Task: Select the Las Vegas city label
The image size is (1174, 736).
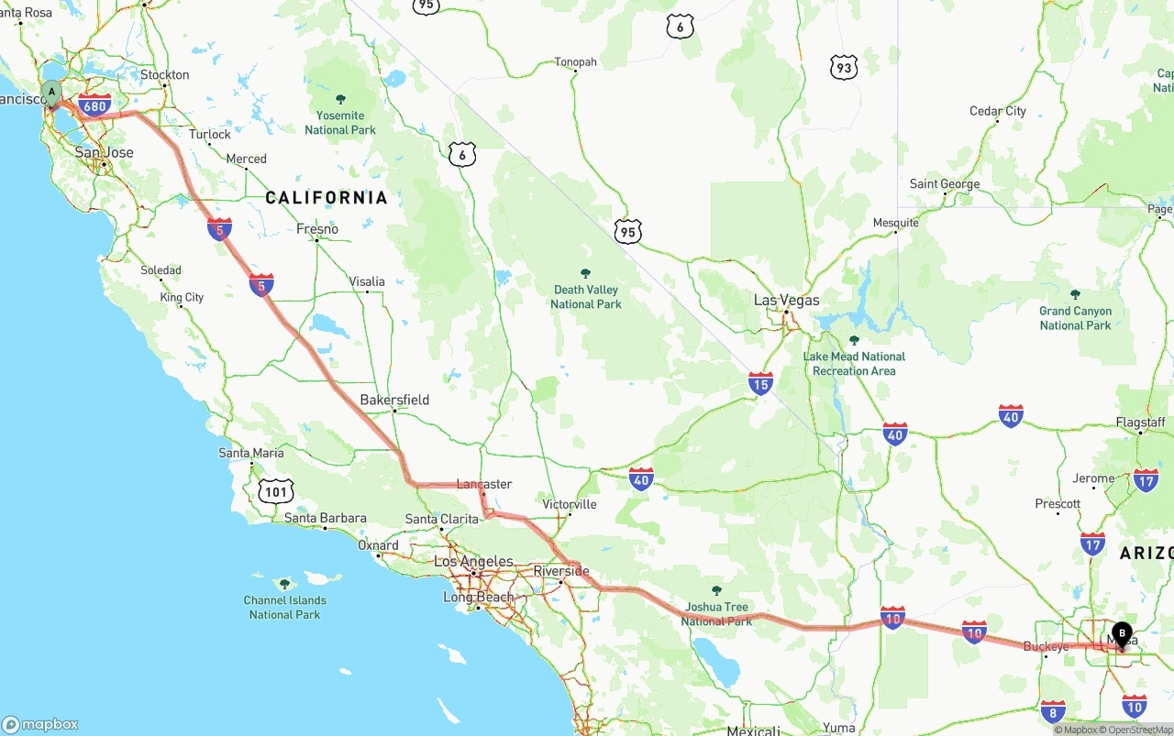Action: (x=786, y=300)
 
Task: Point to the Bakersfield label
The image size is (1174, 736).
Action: (x=394, y=400)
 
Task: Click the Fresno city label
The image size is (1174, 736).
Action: (x=317, y=229)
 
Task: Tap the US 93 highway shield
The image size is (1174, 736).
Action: (x=844, y=67)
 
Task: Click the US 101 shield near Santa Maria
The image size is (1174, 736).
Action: (x=276, y=492)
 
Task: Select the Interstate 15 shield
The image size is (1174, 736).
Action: (x=760, y=383)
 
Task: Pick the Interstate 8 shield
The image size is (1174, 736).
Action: (x=1053, y=710)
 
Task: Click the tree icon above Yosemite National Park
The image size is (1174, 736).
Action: (x=341, y=99)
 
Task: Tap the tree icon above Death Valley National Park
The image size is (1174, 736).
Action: (x=586, y=273)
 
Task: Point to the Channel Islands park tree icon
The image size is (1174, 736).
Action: (x=284, y=584)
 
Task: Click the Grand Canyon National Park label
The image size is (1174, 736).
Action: (x=1075, y=318)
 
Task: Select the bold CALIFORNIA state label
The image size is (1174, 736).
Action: (x=327, y=198)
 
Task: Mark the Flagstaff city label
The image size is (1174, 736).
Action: (x=1140, y=423)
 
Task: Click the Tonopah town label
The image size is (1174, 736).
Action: (x=575, y=62)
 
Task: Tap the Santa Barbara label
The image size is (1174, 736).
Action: (x=325, y=518)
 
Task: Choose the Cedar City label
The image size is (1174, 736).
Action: (x=998, y=111)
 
